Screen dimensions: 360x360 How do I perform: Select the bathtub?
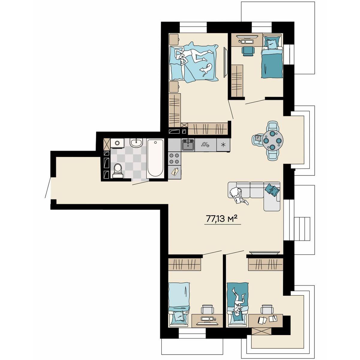pyautogui.click(x=155, y=158)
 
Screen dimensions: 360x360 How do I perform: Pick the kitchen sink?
pyautogui.click(x=188, y=145)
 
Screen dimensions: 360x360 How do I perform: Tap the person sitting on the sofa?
pyautogui.click(x=238, y=196)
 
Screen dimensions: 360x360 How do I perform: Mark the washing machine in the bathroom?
pyautogui.click(x=117, y=143)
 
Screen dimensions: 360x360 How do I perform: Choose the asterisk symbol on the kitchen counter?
pyautogui.click(x=223, y=145)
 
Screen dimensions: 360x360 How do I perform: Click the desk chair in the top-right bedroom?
pyautogui.click(x=248, y=51)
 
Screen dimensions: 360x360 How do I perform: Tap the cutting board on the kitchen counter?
pyautogui.click(x=175, y=171)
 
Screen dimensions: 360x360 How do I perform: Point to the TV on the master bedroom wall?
pyautogui.click(x=226, y=62)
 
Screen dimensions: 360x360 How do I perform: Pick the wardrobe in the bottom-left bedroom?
pyautogui.click(x=184, y=264)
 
